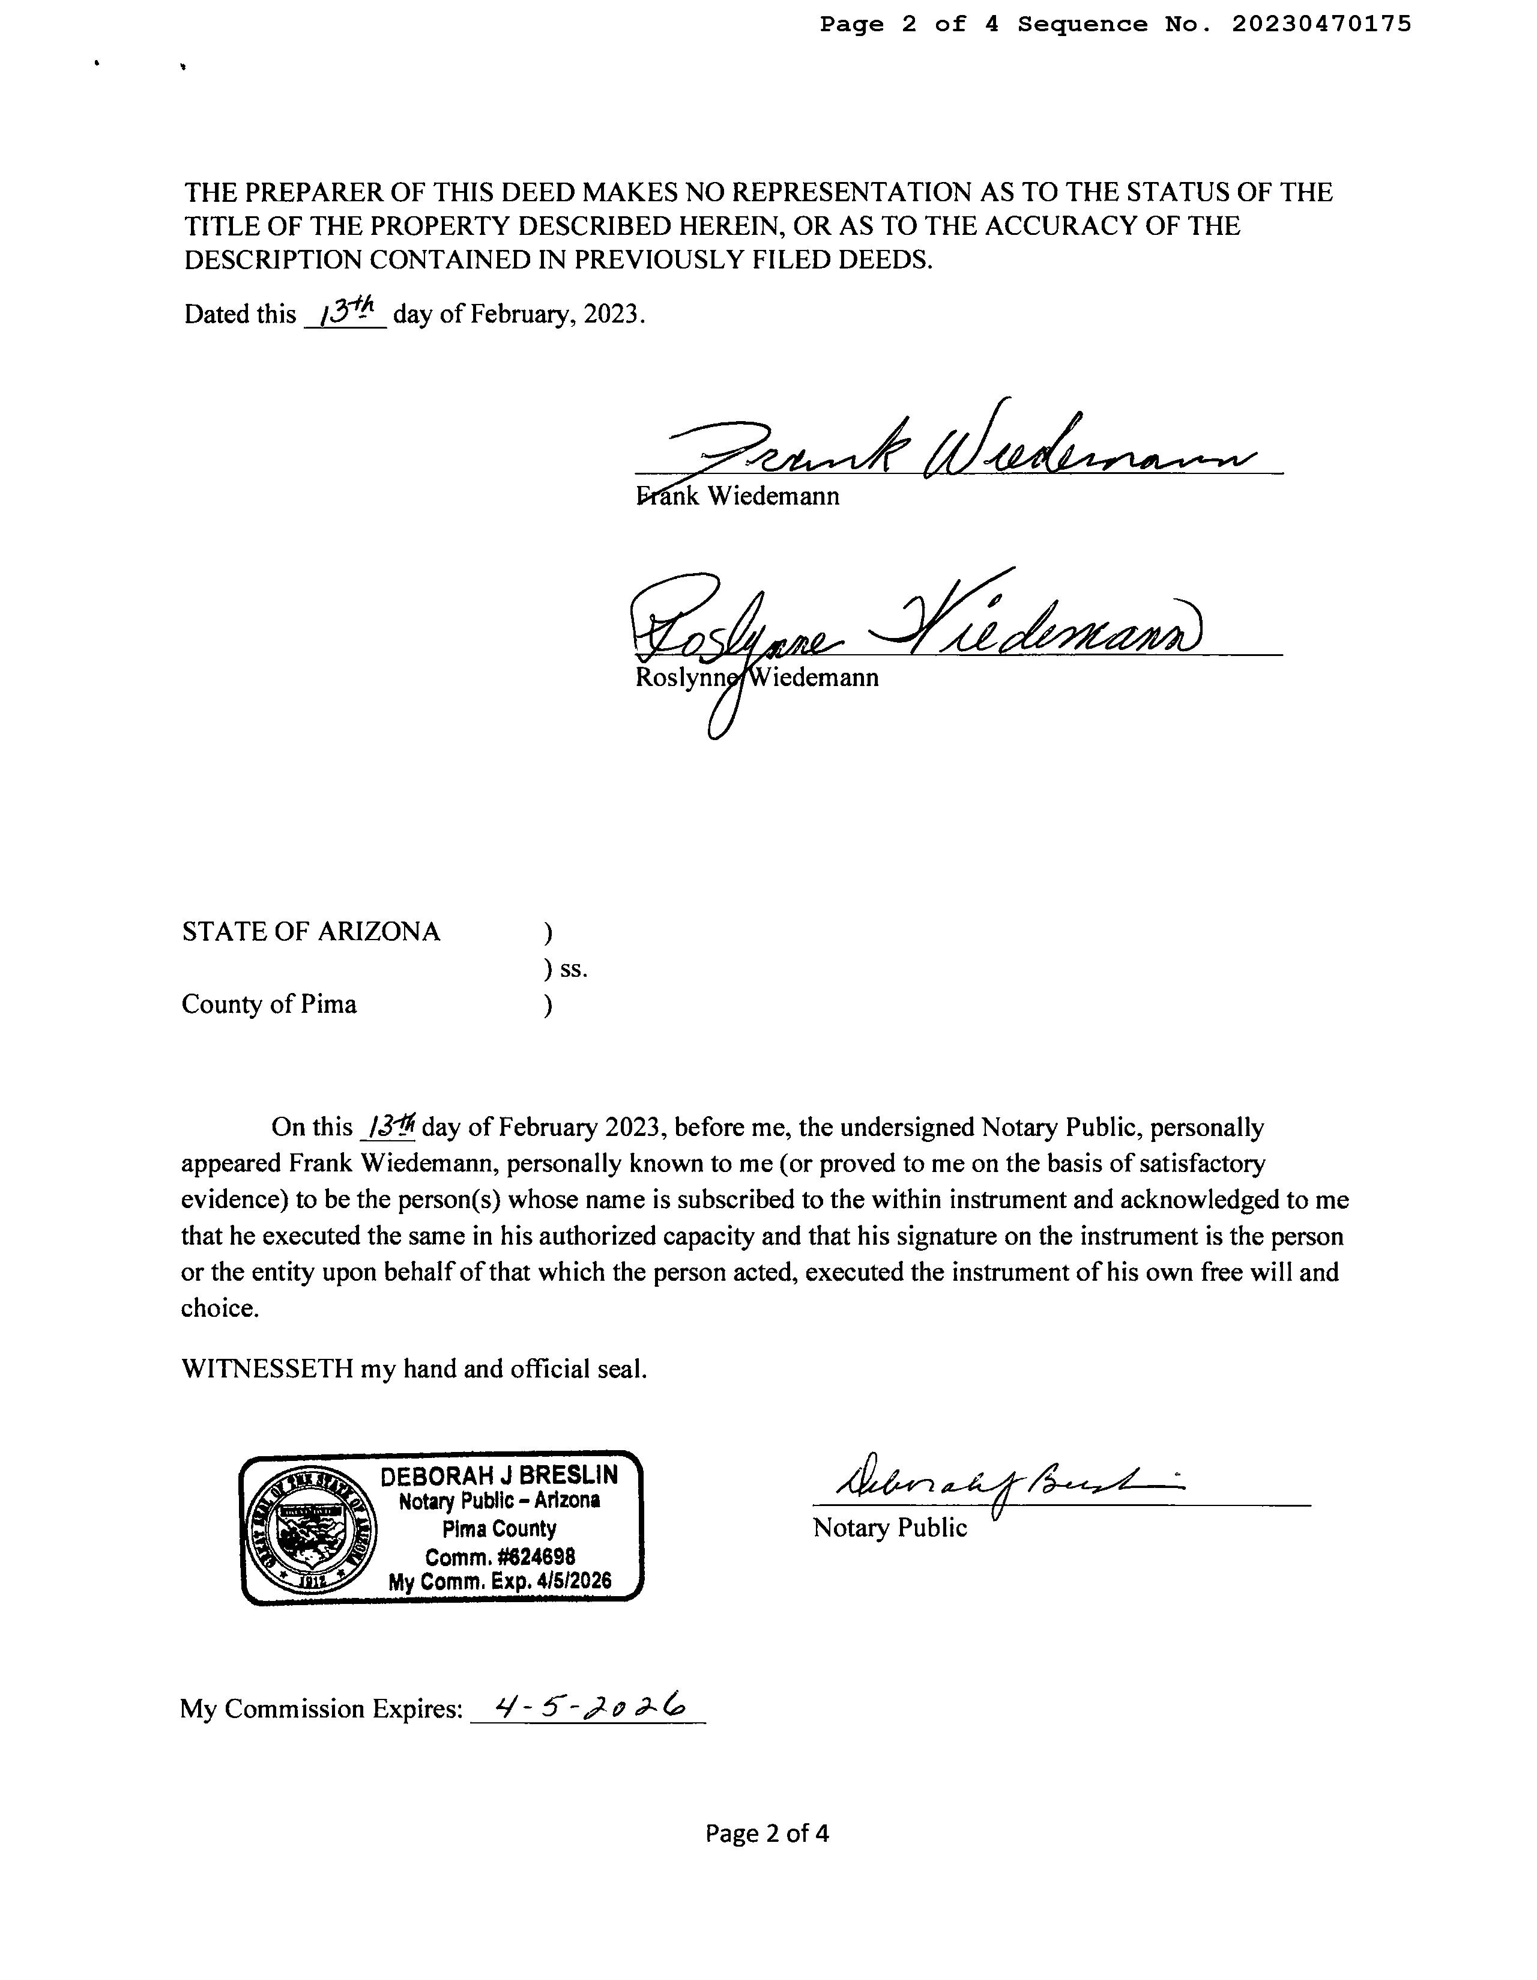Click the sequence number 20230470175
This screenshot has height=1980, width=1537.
pos(1320,25)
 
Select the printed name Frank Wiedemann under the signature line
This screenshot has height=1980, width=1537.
pos(738,497)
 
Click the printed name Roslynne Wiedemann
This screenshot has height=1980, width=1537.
pos(756,678)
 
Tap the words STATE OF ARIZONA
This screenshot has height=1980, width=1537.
pos(311,932)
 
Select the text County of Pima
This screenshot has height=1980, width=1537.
pos(269,1004)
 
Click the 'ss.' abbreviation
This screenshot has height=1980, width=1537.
pos(573,969)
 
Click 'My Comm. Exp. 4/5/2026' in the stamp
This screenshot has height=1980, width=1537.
pos(500,1582)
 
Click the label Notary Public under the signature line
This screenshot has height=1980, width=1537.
pos(890,1528)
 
